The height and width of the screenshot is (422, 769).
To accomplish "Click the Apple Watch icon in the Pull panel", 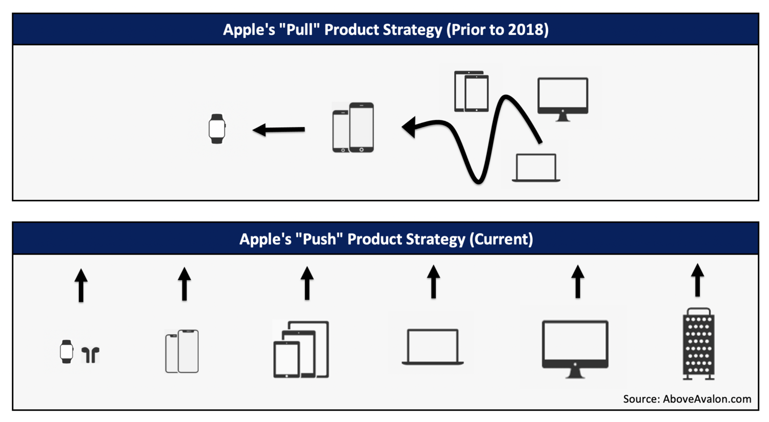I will point(217,129).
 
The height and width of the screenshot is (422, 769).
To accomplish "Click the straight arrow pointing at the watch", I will point(279,130).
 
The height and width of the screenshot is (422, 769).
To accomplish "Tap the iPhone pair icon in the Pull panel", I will point(353,128).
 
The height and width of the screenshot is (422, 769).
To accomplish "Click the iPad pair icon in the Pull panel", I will point(471,91).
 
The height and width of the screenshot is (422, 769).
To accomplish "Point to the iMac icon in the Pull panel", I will point(562,98).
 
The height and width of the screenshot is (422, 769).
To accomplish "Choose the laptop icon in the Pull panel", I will point(536,167).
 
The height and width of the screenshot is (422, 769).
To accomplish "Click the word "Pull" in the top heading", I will point(299,30).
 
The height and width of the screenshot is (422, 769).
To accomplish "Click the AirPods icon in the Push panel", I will point(91,354).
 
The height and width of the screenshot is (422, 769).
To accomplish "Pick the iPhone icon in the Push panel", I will point(182,351).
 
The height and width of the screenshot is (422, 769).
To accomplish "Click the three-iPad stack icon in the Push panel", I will point(301,350).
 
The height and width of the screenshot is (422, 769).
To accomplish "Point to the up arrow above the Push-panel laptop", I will point(434,282).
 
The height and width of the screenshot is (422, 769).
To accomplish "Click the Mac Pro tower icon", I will point(698,344).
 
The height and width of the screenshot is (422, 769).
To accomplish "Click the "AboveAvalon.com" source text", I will point(706,399).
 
